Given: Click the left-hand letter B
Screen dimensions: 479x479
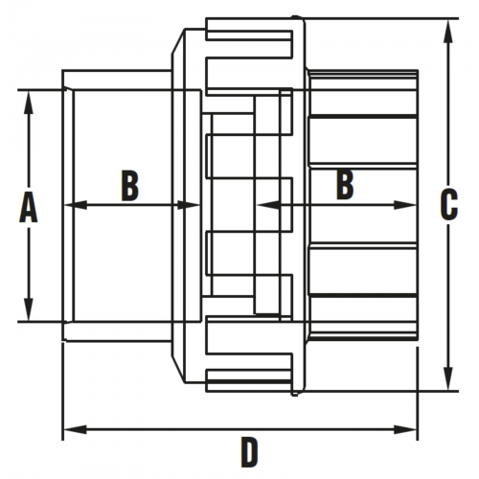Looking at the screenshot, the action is (x=130, y=186).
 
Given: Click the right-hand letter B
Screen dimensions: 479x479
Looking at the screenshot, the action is (x=345, y=185).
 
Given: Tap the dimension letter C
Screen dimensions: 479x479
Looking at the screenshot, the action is (x=449, y=205).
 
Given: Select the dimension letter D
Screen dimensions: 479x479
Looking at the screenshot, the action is (x=249, y=452).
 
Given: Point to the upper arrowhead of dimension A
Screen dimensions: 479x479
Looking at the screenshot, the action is (x=29, y=103).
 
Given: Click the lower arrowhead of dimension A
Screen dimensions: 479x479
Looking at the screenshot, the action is (x=29, y=309).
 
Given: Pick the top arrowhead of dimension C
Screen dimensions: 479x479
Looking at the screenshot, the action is (x=448, y=32).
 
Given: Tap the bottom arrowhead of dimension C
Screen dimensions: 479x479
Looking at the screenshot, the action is (x=448, y=378).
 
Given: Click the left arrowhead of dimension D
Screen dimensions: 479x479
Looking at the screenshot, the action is (x=76, y=429).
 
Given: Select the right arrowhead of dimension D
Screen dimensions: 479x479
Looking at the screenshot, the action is (x=405, y=429).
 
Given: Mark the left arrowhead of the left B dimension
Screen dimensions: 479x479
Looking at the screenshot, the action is (x=76, y=205).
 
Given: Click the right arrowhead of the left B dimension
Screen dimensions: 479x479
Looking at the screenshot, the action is (x=189, y=205).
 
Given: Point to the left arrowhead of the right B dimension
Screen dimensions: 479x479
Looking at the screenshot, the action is (x=267, y=205).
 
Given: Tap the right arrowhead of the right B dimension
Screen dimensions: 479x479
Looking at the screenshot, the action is (x=405, y=205).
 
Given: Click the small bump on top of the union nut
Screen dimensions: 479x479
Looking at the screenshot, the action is (x=295, y=16).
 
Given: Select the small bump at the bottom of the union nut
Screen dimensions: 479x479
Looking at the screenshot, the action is (x=295, y=394).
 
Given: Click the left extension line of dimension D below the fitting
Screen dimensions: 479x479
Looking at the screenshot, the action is (x=62, y=392).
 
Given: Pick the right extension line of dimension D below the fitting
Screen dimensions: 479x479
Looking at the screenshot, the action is (x=418, y=394).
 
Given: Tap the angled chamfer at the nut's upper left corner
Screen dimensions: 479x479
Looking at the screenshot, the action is (x=178, y=41).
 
